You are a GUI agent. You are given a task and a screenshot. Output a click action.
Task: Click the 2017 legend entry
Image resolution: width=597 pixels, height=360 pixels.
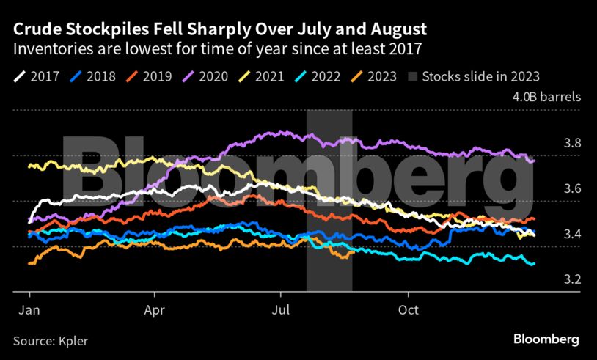coord(37,76)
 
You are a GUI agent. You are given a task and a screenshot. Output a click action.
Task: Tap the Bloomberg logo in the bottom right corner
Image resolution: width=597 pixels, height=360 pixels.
coord(545,339)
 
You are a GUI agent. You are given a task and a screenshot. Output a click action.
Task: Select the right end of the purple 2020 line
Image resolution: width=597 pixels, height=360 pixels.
coord(533,161)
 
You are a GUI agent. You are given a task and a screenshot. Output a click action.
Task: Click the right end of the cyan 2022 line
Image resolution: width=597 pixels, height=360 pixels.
coord(533,263)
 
